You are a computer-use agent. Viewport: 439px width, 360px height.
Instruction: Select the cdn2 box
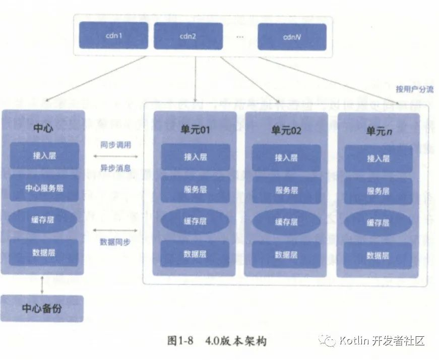click(x=187, y=36)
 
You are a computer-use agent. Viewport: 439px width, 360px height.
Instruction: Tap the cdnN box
click(x=292, y=36)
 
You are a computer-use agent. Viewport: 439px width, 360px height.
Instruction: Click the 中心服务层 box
click(x=44, y=188)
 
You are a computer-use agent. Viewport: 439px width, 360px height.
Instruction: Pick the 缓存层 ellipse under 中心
click(x=44, y=220)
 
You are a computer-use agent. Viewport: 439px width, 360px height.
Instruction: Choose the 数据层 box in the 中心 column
click(x=44, y=252)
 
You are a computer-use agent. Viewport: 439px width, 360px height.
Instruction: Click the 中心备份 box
click(x=42, y=308)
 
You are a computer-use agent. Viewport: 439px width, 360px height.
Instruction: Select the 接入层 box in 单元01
click(x=195, y=157)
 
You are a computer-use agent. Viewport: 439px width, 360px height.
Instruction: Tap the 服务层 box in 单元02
click(x=286, y=190)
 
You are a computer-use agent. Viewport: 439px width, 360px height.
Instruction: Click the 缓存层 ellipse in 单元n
click(x=378, y=222)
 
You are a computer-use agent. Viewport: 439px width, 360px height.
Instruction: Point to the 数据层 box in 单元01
click(x=195, y=254)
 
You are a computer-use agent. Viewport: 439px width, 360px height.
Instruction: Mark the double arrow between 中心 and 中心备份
click(x=42, y=284)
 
